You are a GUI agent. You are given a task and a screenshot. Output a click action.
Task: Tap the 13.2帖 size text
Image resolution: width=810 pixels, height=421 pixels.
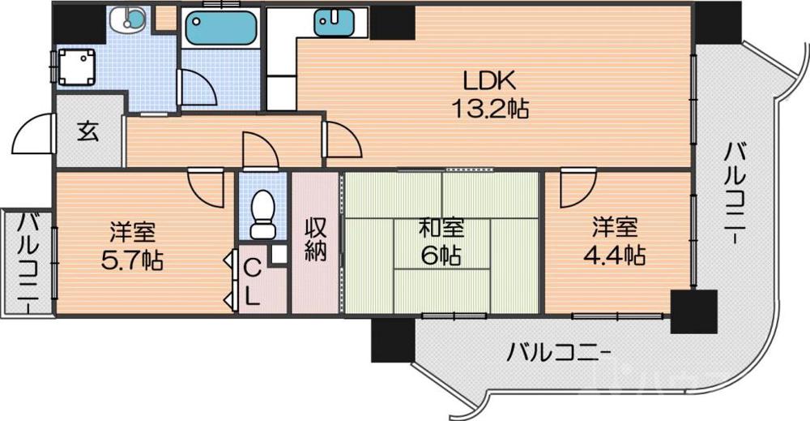pyautogui.click(x=489, y=108)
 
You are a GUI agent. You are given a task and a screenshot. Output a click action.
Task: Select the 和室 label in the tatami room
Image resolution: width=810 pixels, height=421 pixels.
pyautogui.click(x=441, y=228)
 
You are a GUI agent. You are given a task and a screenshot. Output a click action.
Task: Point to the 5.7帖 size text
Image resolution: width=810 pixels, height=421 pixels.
pyautogui.click(x=133, y=261)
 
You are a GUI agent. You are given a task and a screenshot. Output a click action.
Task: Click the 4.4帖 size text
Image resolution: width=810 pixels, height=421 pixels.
pyautogui.click(x=614, y=255)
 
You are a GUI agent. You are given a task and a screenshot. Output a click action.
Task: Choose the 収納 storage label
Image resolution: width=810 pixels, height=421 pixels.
pyautogui.click(x=315, y=240)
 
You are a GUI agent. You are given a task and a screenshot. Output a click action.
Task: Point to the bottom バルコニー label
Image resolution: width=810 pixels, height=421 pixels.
pyautogui.click(x=559, y=352)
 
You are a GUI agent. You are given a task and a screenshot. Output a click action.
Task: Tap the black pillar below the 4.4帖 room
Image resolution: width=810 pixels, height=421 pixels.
pyautogui.click(x=693, y=311)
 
